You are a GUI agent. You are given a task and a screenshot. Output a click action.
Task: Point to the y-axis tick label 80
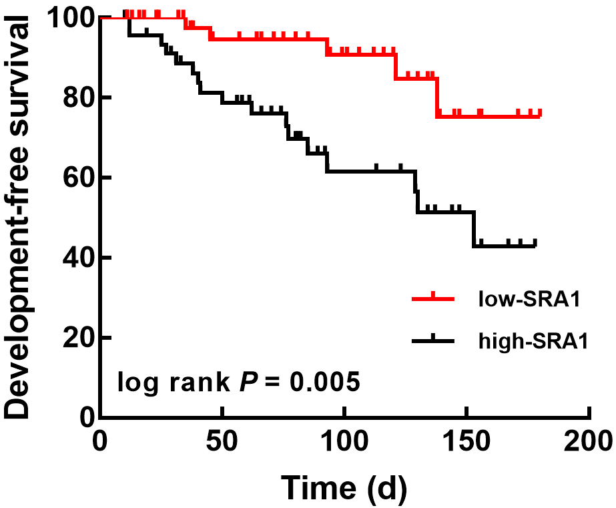pos(75,98)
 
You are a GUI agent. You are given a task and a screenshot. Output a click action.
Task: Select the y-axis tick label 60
pos(75,178)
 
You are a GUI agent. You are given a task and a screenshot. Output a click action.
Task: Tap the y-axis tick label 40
pos(75,258)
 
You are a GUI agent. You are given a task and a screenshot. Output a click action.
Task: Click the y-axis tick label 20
pos(75,338)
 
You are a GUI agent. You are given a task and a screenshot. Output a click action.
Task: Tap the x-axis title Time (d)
pos(344,488)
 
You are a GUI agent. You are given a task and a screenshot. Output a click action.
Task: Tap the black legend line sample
pos(433,340)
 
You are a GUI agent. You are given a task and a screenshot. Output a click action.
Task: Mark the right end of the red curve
pos(541,115)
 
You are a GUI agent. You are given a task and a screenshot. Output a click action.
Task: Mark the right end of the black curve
pos(535,245)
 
